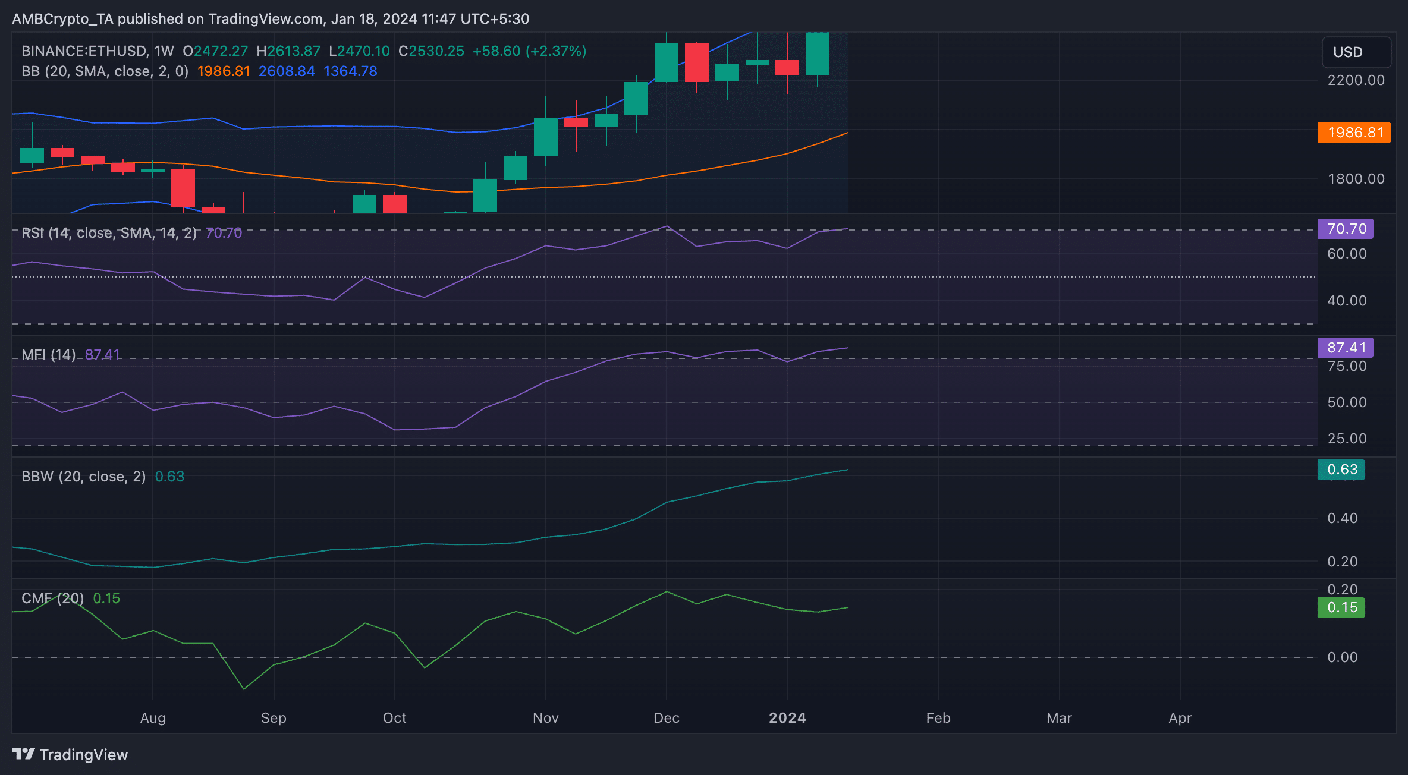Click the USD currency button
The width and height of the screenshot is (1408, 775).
click(1356, 52)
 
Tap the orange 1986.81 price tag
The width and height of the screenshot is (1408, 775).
click(1354, 132)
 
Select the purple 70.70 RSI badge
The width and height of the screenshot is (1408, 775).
click(1346, 229)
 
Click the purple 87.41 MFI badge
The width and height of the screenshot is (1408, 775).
click(1346, 348)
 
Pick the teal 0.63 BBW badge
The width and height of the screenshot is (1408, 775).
click(1341, 470)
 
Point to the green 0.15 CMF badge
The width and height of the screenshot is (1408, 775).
click(1341, 607)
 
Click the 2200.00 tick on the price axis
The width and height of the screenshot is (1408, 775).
click(1356, 80)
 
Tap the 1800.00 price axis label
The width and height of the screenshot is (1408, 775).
click(1356, 179)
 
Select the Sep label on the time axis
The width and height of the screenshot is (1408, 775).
click(274, 718)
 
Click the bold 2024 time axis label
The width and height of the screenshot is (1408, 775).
click(787, 718)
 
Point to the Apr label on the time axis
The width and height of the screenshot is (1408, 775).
click(1180, 718)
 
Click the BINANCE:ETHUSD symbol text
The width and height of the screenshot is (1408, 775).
click(84, 51)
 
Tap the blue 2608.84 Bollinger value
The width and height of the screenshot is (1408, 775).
click(287, 71)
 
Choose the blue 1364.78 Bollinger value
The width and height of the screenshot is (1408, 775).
click(350, 71)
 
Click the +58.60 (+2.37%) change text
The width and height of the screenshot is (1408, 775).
click(529, 51)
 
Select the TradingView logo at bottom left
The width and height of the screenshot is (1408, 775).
click(70, 755)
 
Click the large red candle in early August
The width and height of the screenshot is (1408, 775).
click(183, 188)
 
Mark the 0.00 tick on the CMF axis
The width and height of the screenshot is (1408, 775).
click(1343, 657)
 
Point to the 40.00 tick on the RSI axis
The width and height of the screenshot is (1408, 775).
click(1347, 301)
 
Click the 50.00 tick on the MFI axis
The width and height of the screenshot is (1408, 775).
click(1347, 402)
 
